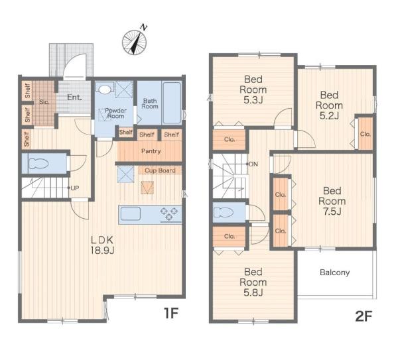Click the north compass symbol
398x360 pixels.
(x=135, y=42)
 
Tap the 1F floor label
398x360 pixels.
(x=171, y=313)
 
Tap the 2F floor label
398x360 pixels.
(x=364, y=316)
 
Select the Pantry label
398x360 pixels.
(x=151, y=151)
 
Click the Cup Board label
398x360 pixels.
(x=160, y=170)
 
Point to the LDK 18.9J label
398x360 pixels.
(x=102, y=245)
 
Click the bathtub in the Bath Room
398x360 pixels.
(x=172, y=103)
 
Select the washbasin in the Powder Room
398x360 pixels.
(x=105, y=89)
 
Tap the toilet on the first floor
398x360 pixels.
(x=38, y=163)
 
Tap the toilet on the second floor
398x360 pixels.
(x=224, y=212)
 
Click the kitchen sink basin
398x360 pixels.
(x=131, y=213)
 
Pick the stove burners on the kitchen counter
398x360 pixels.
(x=168, y=213)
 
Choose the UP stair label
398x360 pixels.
(x=74, y=188)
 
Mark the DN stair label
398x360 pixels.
(x=253, y=164)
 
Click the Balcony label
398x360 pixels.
(x=334, y=272)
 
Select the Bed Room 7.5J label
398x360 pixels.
(x=332, y=201)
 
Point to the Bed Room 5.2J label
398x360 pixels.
(x=329, y=105)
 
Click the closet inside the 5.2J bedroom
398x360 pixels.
(x=365, y=134)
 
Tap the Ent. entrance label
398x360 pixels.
(x=74, y=97)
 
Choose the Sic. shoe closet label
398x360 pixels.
(x=44, y=102)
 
